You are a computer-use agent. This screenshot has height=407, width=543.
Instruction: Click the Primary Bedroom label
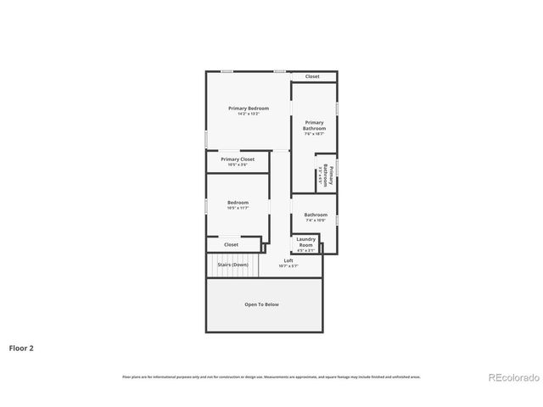(248, 109)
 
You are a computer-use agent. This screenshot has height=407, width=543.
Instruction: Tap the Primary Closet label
(238, 159)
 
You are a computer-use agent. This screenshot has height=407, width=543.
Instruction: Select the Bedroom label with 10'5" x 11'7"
(238, 203)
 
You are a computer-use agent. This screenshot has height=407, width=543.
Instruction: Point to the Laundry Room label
(305, 242)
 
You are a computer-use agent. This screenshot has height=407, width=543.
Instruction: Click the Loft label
(288, 260)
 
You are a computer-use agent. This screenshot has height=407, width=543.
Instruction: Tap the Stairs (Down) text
(232, 265)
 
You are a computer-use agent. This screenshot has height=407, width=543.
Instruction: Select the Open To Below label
(261, 304)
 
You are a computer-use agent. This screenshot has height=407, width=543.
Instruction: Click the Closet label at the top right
(312, 76)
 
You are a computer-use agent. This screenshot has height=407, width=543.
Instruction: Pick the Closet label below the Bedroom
(231, 244)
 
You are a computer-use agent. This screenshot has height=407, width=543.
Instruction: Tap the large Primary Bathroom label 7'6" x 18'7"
(314, 125)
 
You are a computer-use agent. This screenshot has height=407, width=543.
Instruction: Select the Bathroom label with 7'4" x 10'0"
(316, 215)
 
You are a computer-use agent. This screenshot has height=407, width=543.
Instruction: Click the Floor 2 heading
(21, 348)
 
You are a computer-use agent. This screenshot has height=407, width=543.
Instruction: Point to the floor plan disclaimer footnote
(271, 376)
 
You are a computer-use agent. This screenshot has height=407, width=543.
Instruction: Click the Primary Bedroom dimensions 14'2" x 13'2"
(248, 114)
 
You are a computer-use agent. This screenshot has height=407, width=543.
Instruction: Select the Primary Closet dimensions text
(238, 164)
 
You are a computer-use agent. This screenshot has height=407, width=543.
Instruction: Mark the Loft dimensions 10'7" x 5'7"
(288, 266)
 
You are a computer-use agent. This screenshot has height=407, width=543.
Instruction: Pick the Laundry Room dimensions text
(305, 250)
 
